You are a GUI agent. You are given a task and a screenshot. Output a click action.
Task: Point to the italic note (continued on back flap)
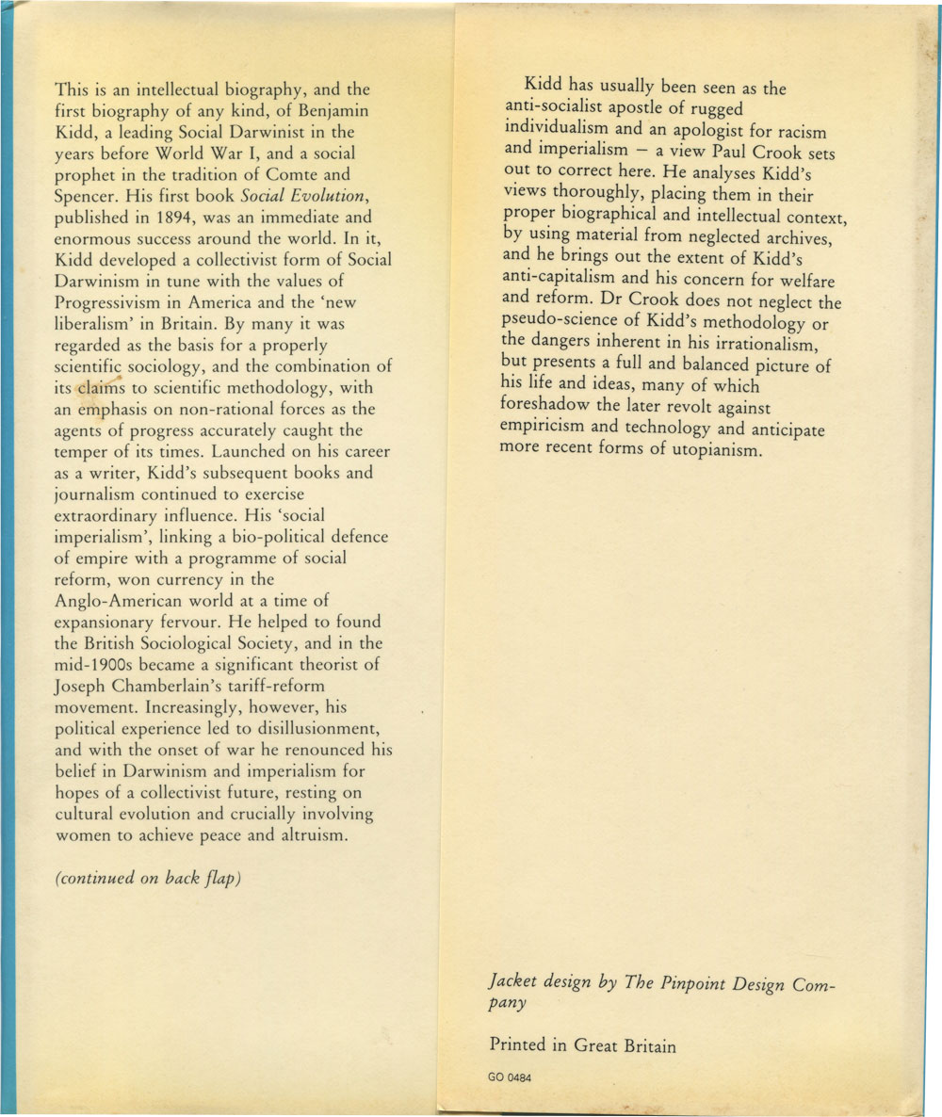[149, 880]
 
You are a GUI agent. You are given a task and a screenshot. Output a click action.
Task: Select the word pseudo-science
[560, 323]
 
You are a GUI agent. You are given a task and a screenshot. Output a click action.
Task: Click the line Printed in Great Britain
[582, 1044]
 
